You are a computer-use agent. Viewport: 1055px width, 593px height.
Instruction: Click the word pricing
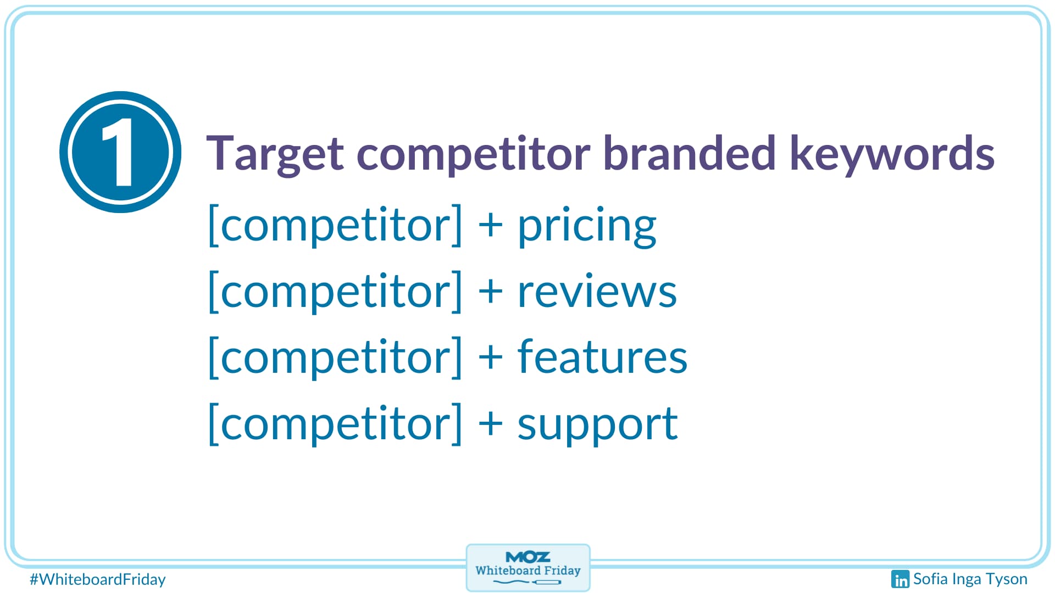pyautogui.click(x=587, y=226)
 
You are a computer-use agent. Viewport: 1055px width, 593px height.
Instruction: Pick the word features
pyautogui.click(x=602, y=356)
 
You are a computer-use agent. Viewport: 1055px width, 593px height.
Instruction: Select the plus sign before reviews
pyautogui.click(x=491, y=291)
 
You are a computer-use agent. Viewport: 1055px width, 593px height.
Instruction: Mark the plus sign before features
pyautogui.click(x=491, y=357)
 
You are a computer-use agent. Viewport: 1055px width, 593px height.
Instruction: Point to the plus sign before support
pyautogui.click(x=491, y=423)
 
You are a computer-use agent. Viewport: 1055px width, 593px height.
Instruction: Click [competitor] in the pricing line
pyautogui.click(x=335, y=225)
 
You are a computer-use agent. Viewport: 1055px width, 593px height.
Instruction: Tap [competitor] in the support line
pyautogui.click(x=335, y=423)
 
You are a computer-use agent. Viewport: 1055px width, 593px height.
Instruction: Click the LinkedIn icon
pyautogui.click(x=900, y=579)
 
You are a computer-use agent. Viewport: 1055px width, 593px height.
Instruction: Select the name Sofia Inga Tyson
pyautogui.click(x=970, y=579)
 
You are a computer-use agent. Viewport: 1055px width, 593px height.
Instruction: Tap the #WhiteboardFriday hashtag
pyautogui.click(x=98, y=580)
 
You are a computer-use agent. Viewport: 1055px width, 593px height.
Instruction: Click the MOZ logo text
pyautogui.click(x=527, y=557)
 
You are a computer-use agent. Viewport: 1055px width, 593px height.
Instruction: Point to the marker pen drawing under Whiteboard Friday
pyautogui.click(x=527, y=582)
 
